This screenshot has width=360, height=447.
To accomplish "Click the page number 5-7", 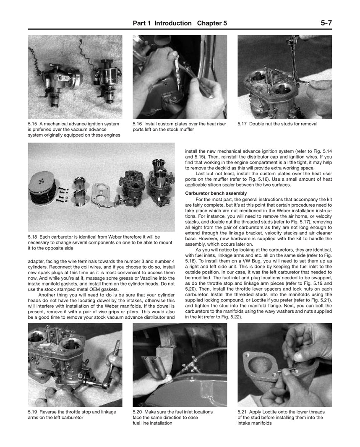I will [x=324, y=23].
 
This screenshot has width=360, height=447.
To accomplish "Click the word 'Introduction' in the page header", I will [x=173, y=23].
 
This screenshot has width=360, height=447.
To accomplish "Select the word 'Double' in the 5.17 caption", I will [x=258, y=124].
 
